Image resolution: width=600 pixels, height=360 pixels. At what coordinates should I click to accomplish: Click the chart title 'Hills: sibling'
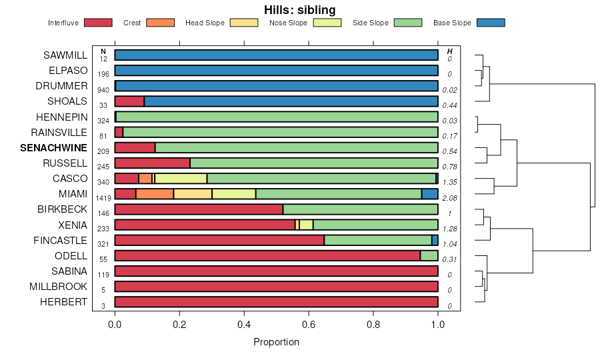299,9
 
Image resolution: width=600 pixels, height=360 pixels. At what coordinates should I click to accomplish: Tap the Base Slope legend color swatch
490,23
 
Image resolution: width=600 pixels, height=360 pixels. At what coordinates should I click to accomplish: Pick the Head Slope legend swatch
244,23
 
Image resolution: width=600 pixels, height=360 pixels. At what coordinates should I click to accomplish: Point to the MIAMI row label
73,194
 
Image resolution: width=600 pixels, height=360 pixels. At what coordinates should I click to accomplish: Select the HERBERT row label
65,302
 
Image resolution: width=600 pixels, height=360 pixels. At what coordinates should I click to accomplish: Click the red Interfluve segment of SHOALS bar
129,101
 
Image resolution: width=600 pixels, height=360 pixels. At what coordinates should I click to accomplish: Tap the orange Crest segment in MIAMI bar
155,194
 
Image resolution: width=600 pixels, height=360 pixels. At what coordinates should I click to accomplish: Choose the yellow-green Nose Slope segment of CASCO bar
181,179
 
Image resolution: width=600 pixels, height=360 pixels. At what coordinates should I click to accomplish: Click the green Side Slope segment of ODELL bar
429,256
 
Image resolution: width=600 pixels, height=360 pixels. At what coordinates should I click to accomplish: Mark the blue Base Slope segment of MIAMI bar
429,194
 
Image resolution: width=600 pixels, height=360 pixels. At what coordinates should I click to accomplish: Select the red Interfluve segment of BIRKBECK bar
199,209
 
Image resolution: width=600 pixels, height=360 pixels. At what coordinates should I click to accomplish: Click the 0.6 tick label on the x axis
309,325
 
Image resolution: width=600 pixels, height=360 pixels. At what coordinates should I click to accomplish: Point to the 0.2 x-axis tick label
179,325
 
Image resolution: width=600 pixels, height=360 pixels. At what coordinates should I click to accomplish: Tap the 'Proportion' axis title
276,342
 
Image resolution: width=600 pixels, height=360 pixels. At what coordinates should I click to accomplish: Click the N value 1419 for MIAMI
103,198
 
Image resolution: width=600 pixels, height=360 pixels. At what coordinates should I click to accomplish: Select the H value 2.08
450,198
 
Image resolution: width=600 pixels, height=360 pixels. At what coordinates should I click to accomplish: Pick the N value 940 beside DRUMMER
103,90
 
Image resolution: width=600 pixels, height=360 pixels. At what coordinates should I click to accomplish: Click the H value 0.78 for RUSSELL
450,167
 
